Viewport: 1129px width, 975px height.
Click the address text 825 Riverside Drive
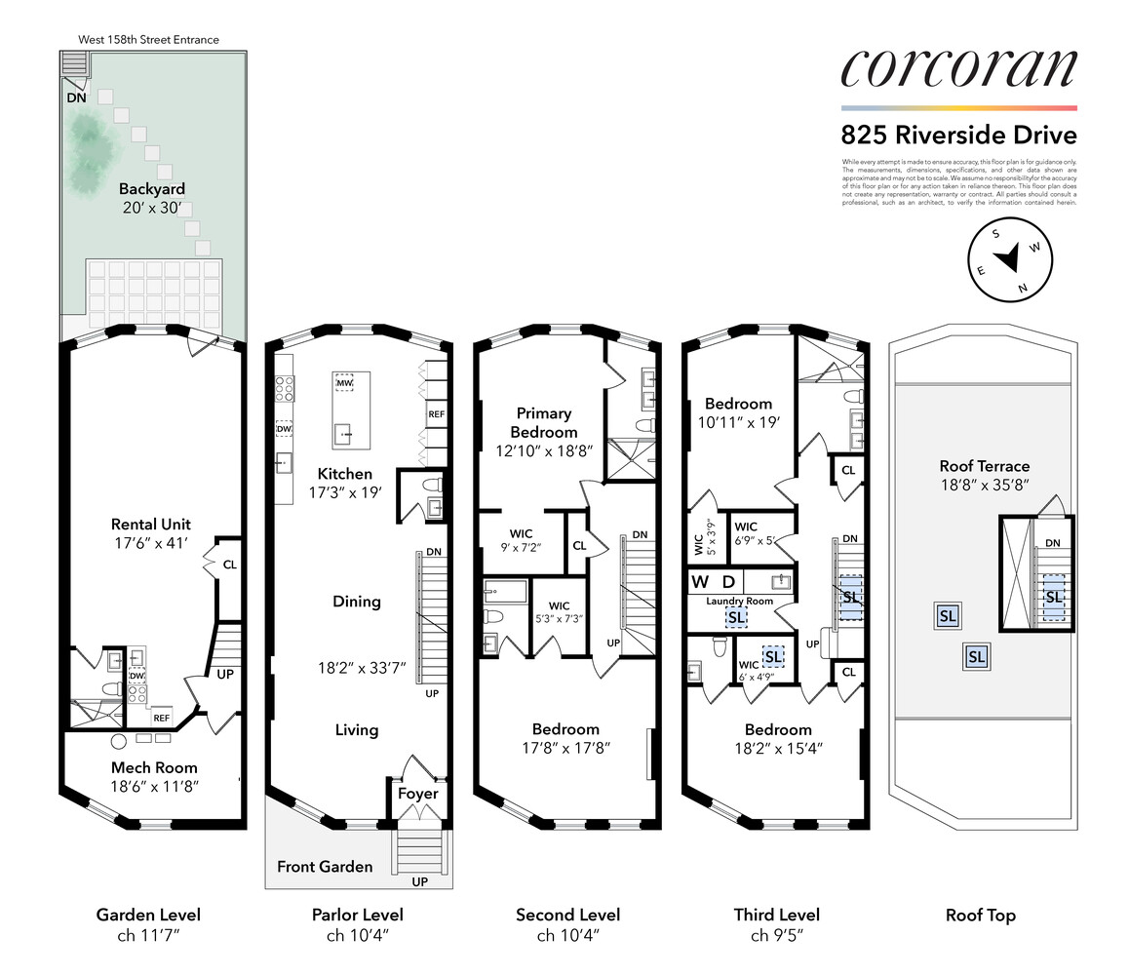click(x=958, y=136)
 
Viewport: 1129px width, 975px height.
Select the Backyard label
click(x=151, y=188)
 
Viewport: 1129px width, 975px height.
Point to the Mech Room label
click(x=153, y=767)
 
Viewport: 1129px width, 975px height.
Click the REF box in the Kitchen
click(x=436, y=413)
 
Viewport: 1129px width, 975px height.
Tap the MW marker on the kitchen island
click(x=343, y=384)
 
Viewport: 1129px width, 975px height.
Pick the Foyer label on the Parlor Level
click(x=417, y=794)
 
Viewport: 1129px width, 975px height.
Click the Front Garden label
click(x=325, y=866)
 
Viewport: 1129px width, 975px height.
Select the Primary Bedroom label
click(x=544, y=422)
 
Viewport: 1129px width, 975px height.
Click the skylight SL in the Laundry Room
click(x=735, y=617)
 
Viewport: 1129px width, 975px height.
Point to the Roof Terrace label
click(x=984, y=466)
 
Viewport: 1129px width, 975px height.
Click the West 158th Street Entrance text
click(x=149, y=40)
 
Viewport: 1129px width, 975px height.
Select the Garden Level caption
click(x=148, y=915)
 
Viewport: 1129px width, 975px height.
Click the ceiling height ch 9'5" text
click(x=776, y=936)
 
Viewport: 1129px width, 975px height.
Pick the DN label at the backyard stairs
click(x=76, y=97)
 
